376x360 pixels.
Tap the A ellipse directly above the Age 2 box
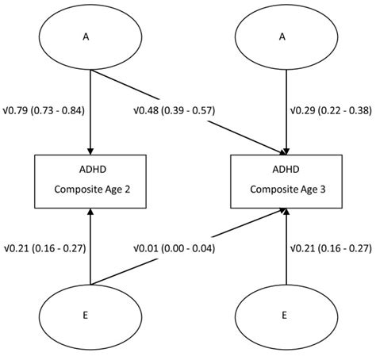coord(90,36)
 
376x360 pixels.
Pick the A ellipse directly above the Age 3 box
coord(286,36)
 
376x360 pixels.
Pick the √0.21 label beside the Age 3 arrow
coord(332,248)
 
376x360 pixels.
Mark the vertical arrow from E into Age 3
coord(286,246)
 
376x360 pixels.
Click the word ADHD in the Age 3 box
coord(286,169)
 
